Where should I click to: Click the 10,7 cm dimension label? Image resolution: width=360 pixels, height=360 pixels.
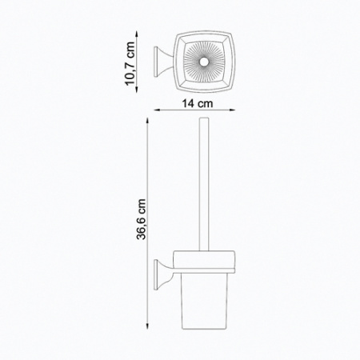pyautogui.click(x=130, y=63)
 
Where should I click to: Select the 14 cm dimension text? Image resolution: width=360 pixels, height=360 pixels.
pyautogui.click(x=197, y=103)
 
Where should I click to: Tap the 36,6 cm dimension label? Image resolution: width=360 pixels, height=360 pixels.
pyautogui.click(x=142, y=219)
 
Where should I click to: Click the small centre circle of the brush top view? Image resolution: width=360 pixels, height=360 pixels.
pyautogui.click(x=204, y=62)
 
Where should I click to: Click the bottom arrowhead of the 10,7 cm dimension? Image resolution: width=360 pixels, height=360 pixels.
pyautogui.click(x=137, y=90)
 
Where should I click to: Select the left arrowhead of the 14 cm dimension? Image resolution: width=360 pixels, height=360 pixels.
pyautogui.click(x=158, y=110)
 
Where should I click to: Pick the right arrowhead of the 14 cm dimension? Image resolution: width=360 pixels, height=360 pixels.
pyautogui.click(x=233, y=110)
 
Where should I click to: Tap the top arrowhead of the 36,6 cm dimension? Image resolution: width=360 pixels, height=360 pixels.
pyautogui.click(x=147, y=121)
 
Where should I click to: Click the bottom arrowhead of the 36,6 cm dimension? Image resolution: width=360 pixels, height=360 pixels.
pyautogui.click(x=147, y=326)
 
